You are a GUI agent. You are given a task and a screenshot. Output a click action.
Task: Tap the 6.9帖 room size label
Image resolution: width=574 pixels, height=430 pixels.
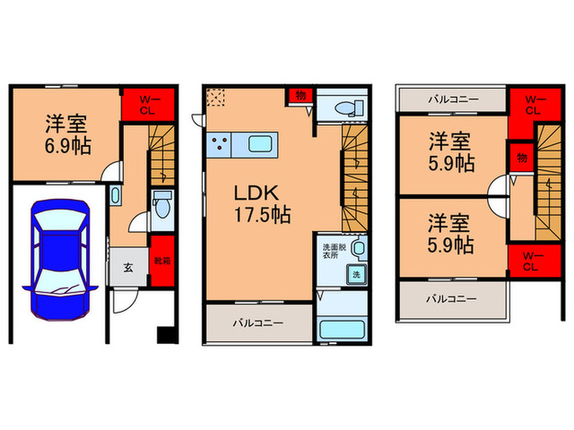67,146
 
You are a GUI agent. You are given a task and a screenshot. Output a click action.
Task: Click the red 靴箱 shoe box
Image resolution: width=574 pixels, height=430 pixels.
163,260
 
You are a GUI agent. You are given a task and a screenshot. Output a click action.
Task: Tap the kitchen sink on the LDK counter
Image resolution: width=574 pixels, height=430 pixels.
261,144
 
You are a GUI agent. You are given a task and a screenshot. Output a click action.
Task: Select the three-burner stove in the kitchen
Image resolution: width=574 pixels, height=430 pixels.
220,145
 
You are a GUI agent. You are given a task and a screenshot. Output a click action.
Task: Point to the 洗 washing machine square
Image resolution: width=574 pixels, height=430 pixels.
355,275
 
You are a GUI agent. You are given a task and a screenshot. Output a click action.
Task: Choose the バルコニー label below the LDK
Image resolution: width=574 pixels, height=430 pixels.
258,323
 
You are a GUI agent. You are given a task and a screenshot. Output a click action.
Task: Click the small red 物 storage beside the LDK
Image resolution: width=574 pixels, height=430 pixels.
300,95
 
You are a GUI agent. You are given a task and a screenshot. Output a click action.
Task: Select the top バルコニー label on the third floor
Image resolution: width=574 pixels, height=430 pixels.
452,98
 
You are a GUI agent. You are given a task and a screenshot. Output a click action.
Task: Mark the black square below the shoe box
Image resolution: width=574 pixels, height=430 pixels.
165,335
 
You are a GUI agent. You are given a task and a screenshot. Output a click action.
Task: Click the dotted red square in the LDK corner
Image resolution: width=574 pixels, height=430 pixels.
217,98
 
